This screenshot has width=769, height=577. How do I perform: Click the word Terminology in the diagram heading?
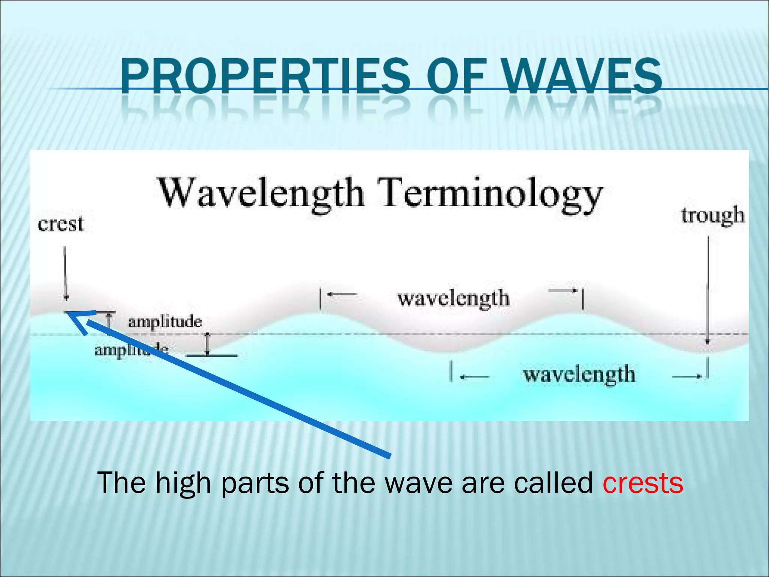pyautogui.click(x=490, y=193)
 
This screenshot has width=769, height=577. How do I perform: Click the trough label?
pyautogui.click(x=713, y=216)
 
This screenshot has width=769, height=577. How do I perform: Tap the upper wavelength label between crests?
pyautogui.click(x=453, y=299)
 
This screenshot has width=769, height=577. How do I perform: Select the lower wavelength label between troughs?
pyautogui.click(x=579, y=375)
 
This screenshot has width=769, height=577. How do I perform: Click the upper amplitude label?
pyautogui.click(x=165, y=322)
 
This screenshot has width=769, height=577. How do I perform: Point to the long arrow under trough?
pyautogui.click(x=708, y=289)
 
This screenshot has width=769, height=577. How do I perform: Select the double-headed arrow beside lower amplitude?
pyautogui.click(x=207, y=344)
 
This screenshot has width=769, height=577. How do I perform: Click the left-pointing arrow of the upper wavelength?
pyautogui.click(x=341, y=294)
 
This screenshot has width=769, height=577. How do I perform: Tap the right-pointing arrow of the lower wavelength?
pyautogui.click(x=686, y=376)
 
